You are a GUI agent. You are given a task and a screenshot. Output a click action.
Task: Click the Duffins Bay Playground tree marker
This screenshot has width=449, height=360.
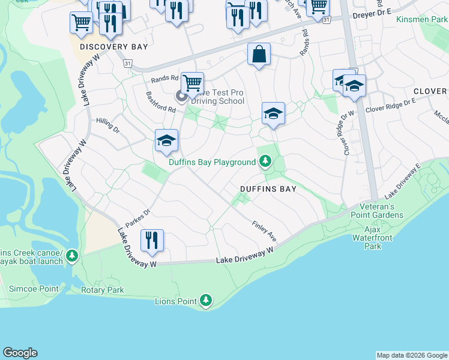265,161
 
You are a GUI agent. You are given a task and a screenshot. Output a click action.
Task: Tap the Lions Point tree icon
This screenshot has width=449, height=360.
206,300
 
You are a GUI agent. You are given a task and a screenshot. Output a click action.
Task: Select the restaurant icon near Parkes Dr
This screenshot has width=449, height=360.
152,240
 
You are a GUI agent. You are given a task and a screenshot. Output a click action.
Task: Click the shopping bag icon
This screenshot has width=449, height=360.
259,55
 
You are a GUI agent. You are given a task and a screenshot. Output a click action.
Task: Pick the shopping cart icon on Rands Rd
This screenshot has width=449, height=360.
192,83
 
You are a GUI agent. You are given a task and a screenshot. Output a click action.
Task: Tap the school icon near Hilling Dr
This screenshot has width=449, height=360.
166,141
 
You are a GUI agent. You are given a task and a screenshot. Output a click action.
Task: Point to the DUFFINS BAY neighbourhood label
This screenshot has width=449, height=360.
268,188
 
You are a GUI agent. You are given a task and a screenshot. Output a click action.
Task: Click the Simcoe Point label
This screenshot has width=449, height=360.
34,289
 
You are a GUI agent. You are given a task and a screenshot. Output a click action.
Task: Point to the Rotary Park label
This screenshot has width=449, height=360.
103,290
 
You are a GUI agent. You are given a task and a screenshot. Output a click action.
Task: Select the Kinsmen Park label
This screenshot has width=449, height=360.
422,20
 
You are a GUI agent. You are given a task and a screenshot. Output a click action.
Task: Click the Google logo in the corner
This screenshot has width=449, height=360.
20,353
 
